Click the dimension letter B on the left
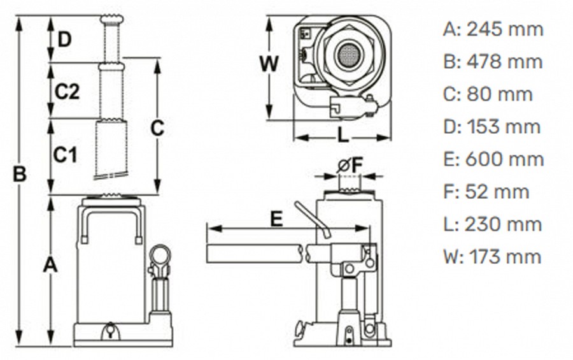(20, 173)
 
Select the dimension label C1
(65, 154)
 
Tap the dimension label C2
(66, 92)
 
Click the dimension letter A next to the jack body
(50, 264)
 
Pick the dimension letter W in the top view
(269, 64)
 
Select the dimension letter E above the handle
(276, 219)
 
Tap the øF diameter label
(350, 166)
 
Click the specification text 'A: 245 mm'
(493, 29)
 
